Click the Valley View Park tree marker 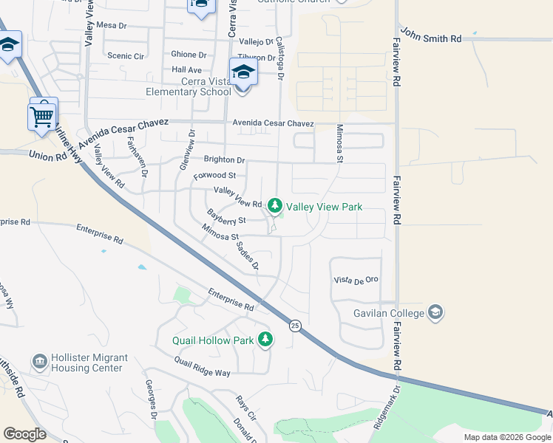coord(275,205)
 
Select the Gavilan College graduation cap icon coord(436,312)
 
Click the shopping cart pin coord(42,115)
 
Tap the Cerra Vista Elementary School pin coord(243,73)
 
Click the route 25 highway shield coord(295,326)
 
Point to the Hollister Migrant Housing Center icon coord(39,362)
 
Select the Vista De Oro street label coord(356,280)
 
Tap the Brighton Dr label coord(224,159)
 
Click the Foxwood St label coord(214,176)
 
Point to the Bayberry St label coord(225,216)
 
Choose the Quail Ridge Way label coord(202,367)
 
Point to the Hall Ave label coord(186,69)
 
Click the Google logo coord(24,434)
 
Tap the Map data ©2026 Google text coord(506,437)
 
